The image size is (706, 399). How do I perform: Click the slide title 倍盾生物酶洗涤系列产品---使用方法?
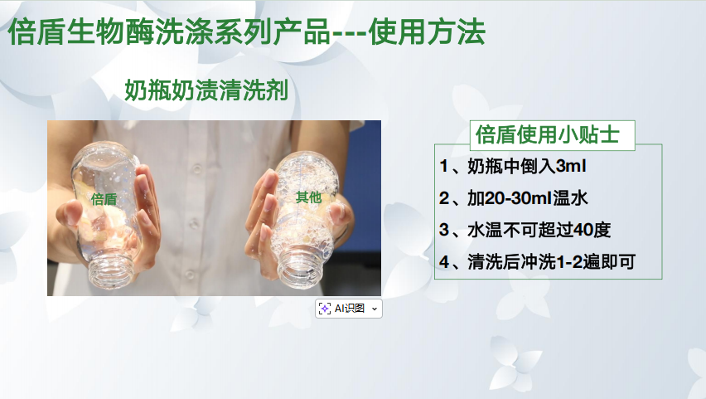coord(247,32)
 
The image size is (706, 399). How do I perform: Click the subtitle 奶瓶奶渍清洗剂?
coord(206,90)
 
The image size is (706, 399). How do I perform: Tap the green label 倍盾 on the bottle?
coord(104,199)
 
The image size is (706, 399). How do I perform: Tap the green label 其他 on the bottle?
coord(308,197)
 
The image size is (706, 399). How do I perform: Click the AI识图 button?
coord(349,309)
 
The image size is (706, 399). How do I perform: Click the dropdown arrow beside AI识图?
coord(375,309)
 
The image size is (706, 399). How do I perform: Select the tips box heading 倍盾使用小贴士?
coord(548,134)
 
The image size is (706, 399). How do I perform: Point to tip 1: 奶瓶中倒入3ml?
coord(513,167)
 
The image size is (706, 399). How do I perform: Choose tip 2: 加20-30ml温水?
coord(514,198)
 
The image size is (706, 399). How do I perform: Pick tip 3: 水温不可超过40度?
coord(525,230)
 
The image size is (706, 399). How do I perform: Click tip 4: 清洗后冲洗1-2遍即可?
coord(537,262)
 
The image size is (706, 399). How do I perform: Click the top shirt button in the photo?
coord(196,169)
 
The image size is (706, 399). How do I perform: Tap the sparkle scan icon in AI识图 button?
coord(325,309)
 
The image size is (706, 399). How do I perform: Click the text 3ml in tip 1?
coord(572,167)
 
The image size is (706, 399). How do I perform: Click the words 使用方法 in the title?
coord(427,32)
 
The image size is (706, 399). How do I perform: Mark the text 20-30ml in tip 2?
coord(510,198)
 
